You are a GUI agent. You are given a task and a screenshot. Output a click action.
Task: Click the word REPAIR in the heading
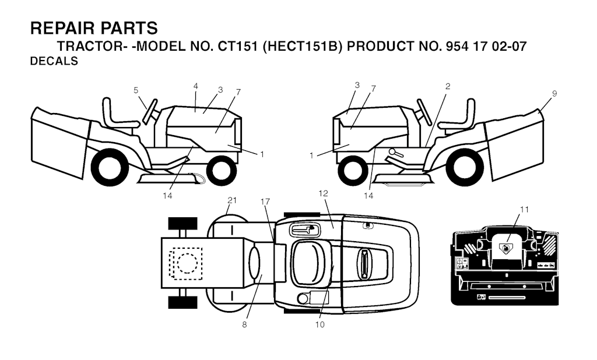(x=62, y=28)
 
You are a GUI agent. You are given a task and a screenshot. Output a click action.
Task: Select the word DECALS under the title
(x=54, y=62)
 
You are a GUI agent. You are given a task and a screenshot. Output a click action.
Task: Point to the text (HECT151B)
(x=302, y=47)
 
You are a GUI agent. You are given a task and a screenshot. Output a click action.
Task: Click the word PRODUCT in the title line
(x=382, y=47)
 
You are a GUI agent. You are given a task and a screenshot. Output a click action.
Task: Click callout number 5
(x=136, y=90)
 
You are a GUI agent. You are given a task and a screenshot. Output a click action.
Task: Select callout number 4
(x=196, y=86)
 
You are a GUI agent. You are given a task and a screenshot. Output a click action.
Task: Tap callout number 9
(x=554, y=93)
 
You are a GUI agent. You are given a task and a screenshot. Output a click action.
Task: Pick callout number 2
(x=448, y=86)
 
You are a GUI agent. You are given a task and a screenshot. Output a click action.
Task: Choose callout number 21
(x=232, y=200)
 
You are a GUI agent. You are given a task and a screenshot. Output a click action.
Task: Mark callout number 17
(x=266, y=201)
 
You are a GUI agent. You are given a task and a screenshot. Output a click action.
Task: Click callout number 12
(x=324, y=192)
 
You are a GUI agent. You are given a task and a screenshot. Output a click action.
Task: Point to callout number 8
(x=244, y=324)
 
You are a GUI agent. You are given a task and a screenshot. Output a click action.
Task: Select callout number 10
(x=319, y=324)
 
